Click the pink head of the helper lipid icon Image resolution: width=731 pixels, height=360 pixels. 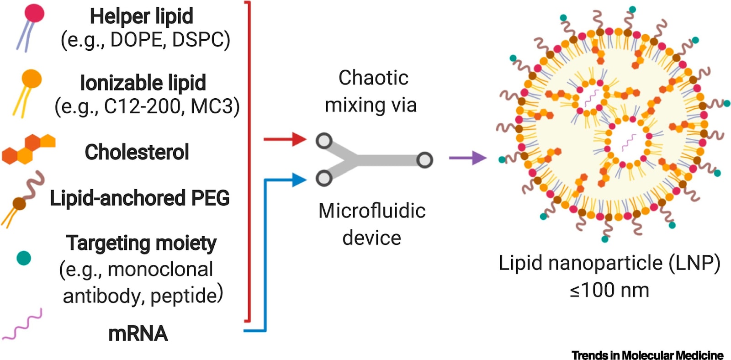click(34, 13)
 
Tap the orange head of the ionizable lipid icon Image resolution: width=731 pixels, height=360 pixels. click(32, 79)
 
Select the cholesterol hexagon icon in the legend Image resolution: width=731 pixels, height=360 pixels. click(29, 149)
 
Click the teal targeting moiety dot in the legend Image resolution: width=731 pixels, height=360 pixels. click(24, 258)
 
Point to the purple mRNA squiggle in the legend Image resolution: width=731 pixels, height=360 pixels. click(22, 324)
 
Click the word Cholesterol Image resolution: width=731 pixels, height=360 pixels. click(137, 152)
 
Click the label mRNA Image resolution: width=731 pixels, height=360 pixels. click(138, 334)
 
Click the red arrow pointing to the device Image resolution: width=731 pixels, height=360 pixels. click(285, 139)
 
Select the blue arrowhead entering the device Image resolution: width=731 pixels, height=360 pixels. click(299, 180)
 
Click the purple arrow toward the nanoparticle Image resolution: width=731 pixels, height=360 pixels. click(468, 158)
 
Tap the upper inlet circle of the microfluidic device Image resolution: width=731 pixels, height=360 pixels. click(324, 141)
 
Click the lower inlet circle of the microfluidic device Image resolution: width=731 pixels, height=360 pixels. click(324, 178)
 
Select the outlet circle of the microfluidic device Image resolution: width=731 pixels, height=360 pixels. click(424, 160)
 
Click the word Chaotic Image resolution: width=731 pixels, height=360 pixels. click(373, 78)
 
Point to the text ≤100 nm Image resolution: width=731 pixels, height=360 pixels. click(609, 290)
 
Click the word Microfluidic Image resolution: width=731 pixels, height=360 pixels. click(372, 211)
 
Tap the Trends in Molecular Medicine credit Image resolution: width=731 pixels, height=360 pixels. click(647, 355)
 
